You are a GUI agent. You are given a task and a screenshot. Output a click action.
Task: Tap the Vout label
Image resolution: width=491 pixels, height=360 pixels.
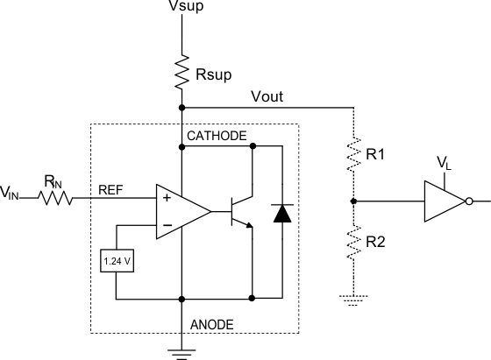pyautogui.click(x=267, y=95)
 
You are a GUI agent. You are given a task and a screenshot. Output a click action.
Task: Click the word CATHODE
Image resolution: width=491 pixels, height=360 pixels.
pyautogui.click(x=217, y=136)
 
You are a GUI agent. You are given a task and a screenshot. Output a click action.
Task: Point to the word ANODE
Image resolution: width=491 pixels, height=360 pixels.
pyautogui.click(x=212, y=324)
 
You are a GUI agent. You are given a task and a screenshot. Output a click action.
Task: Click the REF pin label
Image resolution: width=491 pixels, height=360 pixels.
pyautogui.click(x=111, y=188)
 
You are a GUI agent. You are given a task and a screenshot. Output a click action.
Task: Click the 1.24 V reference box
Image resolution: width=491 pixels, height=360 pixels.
pyautogui.click(x=116, y=260)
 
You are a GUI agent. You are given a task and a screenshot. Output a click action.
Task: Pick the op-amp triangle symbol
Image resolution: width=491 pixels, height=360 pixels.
pyautogui.click(x=180, y=211)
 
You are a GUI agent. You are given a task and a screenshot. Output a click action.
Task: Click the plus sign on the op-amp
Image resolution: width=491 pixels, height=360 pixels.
pyautogui.click(x=163, y=199)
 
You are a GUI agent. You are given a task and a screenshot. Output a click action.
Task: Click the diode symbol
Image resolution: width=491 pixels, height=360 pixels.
pyautogui.click(x=281, y=213)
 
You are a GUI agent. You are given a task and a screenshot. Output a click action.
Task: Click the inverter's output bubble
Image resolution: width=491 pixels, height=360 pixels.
pyautogui.click(x=470, y=201)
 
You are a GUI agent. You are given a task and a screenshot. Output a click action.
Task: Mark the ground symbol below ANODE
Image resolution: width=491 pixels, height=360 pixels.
pyautogui.click(x=181, y=354)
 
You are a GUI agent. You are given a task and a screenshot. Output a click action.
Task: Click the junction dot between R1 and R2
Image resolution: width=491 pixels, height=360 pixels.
pyautogui.click(x=353, y=201)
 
